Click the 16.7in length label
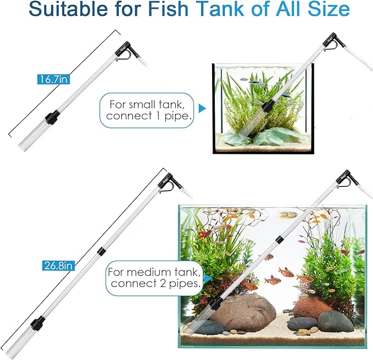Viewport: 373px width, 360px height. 53,80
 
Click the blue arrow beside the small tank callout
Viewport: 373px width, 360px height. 202,109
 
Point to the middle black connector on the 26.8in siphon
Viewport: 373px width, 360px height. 101,252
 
